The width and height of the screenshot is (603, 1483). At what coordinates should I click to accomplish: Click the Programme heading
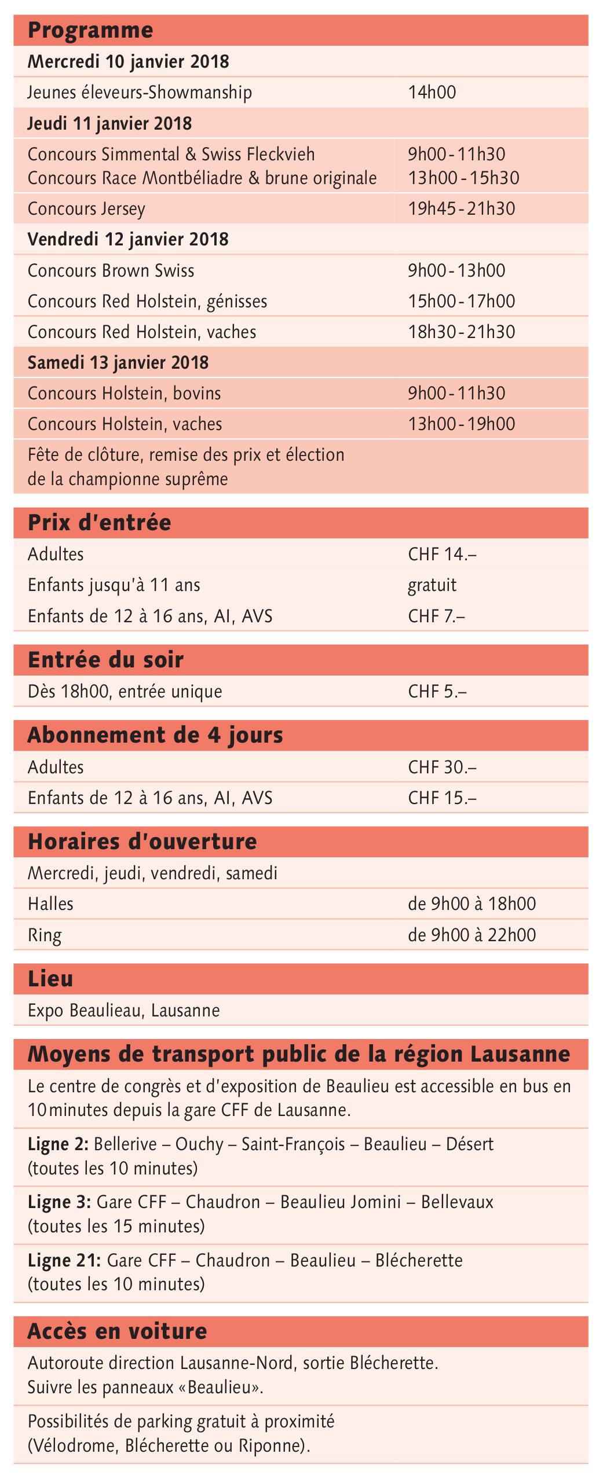(x=90, y=30)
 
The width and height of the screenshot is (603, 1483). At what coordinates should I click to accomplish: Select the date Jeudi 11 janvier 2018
(x=109, y=123)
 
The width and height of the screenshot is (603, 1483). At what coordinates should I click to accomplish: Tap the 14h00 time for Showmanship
(x=432, y=93)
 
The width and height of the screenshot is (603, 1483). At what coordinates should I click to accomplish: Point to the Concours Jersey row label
(x=86, y=209)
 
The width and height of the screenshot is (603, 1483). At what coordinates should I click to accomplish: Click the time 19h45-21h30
(x=461, y=209)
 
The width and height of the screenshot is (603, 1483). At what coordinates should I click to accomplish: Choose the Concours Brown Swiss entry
(x=111, y=271)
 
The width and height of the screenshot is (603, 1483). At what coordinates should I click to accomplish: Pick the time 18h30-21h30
(x=461, y=332)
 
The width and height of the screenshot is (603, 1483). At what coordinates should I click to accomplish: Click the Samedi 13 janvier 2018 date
(x=118, y=363)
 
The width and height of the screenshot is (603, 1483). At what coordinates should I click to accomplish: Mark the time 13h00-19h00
(x=461, y=424)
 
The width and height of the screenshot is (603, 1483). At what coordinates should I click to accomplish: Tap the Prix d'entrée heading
(x=100, y=523)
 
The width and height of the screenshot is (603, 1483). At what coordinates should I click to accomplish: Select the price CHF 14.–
(x=442, y=555)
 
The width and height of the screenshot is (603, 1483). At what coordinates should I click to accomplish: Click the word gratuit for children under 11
(x=432, y=585)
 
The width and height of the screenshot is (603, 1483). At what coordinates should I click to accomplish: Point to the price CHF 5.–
(x=437, y=692)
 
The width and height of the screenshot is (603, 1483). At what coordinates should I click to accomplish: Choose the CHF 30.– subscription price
(x=442, y=768)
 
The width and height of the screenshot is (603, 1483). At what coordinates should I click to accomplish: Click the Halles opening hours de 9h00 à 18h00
(x=472, y=904)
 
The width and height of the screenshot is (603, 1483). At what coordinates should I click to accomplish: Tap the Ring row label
(x=45, y=935)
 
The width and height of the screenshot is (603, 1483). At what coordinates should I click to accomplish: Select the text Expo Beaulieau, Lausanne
(x=124, y=1011)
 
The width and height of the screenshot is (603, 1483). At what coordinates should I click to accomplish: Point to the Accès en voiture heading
(x=117, y=1331)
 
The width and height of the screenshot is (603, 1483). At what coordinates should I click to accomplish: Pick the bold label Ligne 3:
(x=59, y=1202)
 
